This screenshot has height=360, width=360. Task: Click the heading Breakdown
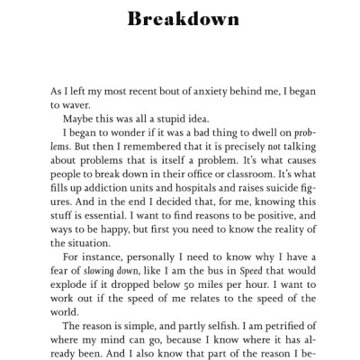tap(180, 19)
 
